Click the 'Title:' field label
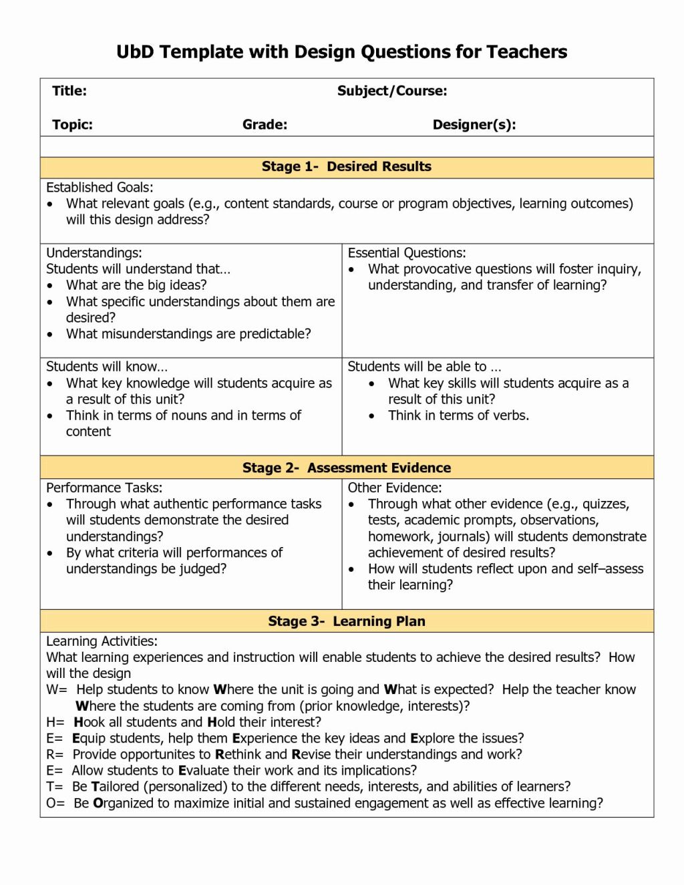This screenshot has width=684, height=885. pos(69,91)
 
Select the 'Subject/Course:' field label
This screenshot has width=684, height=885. pos(392,91)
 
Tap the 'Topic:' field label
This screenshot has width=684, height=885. pos(72,124)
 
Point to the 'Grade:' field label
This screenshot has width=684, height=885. pos(265,124)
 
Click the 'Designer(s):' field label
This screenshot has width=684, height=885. pos(474,124)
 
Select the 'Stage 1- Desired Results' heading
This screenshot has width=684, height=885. pos(346,166)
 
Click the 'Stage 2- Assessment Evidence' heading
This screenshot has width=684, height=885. pos(346,468)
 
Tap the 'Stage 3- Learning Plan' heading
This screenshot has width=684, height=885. pos(346,621)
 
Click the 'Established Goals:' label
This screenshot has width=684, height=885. pos(100,188)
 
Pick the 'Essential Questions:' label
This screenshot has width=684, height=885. pos(407,253)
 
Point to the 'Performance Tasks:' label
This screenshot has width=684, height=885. pos(104,488)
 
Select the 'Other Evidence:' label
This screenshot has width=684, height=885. pos(395,488)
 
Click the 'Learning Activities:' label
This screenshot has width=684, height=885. pos(102,641)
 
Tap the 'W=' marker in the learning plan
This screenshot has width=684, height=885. pos(57,690)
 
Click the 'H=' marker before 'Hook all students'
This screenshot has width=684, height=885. pos(55,722)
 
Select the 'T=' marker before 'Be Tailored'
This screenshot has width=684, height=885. pos(55,787)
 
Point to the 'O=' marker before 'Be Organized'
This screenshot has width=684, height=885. pos(55,803)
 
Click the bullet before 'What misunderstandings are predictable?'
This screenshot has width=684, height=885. pos(50,335)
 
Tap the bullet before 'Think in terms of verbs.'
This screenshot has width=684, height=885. pos(372,416)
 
